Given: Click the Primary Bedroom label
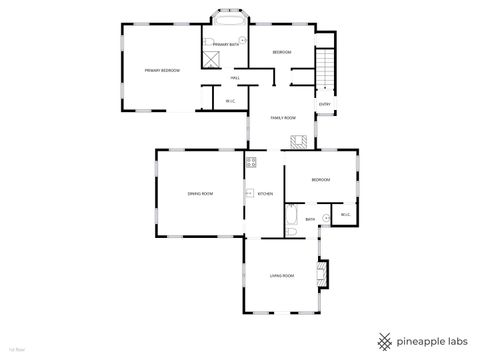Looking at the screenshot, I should pos(161,70).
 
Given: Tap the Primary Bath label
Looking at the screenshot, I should pos(226,45).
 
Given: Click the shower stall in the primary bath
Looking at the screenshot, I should pos(211,58).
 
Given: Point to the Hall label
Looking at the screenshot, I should pos(235,78).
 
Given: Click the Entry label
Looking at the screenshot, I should pos(324,105).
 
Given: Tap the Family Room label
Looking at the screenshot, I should pos(283,118).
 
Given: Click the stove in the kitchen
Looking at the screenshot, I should pos(251,162).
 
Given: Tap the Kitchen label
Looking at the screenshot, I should pos(265,194).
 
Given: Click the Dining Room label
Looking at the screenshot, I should pos(200,193).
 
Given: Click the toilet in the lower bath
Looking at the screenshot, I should pos(290,232).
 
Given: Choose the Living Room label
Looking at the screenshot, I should pos(282,275).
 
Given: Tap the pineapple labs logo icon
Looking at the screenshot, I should pos(384,338).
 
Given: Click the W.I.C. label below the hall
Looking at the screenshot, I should pos(229,100).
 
